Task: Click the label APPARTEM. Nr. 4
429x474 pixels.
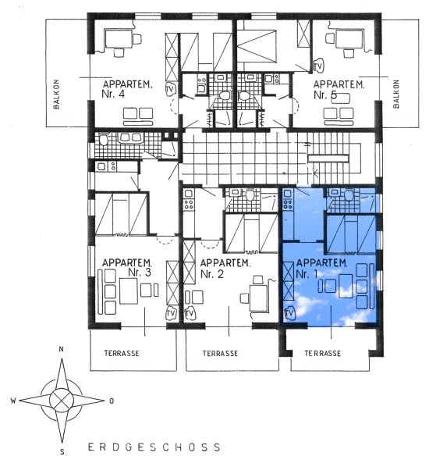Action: (x=127, y=89)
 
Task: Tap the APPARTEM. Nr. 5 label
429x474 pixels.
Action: (x=339, y=90)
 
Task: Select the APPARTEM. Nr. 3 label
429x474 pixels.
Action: (x=127, y=267)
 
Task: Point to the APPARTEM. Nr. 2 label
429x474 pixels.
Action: (x=225, y=268)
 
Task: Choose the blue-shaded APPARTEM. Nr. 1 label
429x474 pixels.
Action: (x=321, y=268)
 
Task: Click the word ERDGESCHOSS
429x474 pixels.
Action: (x=154, y=447)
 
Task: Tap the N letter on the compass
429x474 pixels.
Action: (x=62, y=349)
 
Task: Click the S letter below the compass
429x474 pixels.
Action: (x=62, y=452)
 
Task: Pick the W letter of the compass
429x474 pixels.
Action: (x=13, y=401)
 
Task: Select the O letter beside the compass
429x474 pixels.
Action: (x=112, y=401)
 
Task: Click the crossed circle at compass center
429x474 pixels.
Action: (x=62, y=401)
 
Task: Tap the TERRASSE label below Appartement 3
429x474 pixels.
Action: (x=122, y=353)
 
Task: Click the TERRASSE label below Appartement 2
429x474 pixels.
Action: (x=220, y=354)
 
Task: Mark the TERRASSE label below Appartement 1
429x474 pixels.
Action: (x=323, y=354)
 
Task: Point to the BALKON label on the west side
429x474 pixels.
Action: (x=56, y=94)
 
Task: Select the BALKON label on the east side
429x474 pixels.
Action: (x=396, y=94)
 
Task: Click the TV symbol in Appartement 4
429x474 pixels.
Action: (x=170, y=89)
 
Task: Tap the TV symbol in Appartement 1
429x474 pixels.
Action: (x=289, y=313)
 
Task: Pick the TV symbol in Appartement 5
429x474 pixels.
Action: (x=318, y=66)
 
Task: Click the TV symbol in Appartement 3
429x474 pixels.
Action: (x=171, y=314)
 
